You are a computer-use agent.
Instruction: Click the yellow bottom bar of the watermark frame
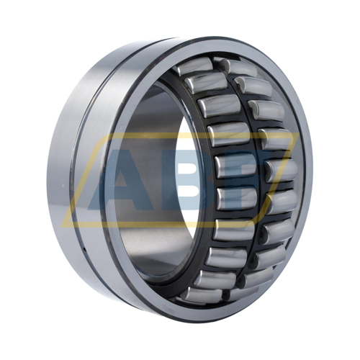point(173,224)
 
